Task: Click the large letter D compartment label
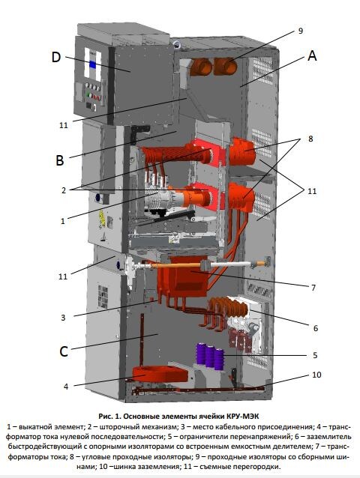tap(56, 57)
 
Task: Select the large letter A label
tap(312, 55)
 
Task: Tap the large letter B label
tap(60, 160)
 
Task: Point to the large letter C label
tap(64, 351)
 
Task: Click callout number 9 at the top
tap(301, 31)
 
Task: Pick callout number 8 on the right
tap(310, 139)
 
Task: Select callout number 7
tap(313, 288)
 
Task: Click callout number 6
tap(316, 328)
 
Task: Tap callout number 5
tap(315, 355)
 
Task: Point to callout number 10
tap(316, 375)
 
